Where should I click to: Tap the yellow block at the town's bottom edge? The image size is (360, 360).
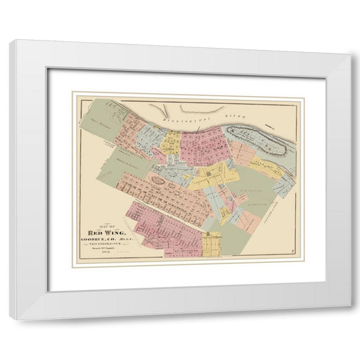click(212, 242)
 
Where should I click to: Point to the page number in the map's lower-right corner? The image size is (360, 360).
click(290, 254)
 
